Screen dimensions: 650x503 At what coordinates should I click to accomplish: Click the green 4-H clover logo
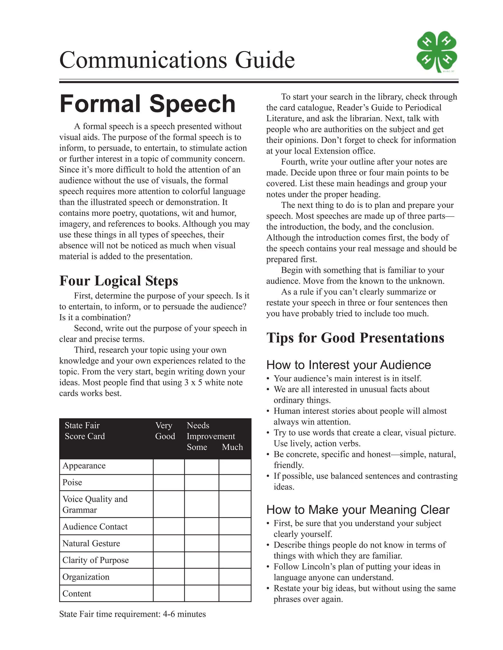pyautogui.click(x=436, y=52)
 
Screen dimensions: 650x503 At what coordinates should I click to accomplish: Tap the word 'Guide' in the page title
pyautogui.click(x=265, y=60)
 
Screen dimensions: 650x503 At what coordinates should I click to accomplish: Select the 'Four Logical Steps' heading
pyautogui.click(x=119, y=281)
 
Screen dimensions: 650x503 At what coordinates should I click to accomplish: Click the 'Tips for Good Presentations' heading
pyautogui.click(x=355, y=338)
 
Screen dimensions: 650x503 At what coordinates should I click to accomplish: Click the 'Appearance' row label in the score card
pyautogui.click(x=84, y=466)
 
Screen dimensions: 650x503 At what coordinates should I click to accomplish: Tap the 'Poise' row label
pyautogui.click(x=72, y=482)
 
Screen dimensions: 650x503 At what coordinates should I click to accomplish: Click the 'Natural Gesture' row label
pyautogui.click(x=91, y=544)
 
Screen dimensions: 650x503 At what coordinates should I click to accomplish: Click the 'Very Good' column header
pyautogui.click(x=165, y=431)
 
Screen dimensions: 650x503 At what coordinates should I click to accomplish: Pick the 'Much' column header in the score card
pyautogui.click(x=232, y=447)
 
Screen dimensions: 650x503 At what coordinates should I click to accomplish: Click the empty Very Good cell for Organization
pyautogui.click(x=169, y=577)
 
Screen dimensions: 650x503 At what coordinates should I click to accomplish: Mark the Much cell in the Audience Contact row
pyautogui.click(x=235, y=526)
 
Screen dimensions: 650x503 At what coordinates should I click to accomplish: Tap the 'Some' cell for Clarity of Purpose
pyautogui.click(x=201, y=560)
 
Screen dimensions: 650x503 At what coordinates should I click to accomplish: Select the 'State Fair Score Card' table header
pyautogui.click(x=85, y=431)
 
